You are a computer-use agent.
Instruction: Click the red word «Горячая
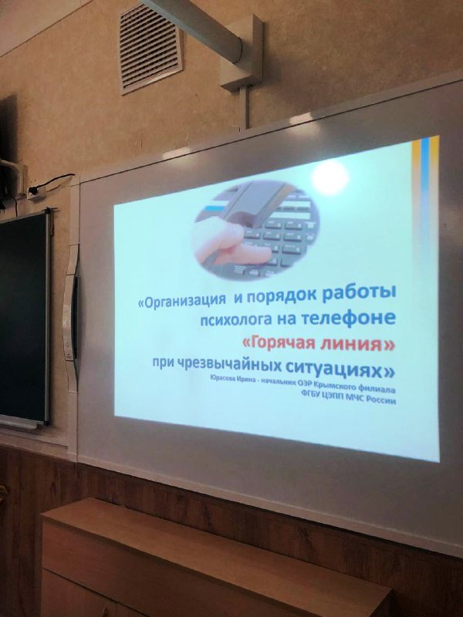pyautogui.click(x=279, y=343)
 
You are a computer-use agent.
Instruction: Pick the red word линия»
pyautogui.click(x=357, y=345)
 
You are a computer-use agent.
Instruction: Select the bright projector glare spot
pyautogui.click(x=330, y=177)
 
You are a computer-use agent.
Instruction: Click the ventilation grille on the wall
pyautogui.click(x=150, y=48)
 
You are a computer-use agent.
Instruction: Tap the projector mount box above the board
pyautogui.click(x=241, y=53)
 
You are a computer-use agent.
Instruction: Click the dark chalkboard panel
pyautogui.click(x=24, y=317)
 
